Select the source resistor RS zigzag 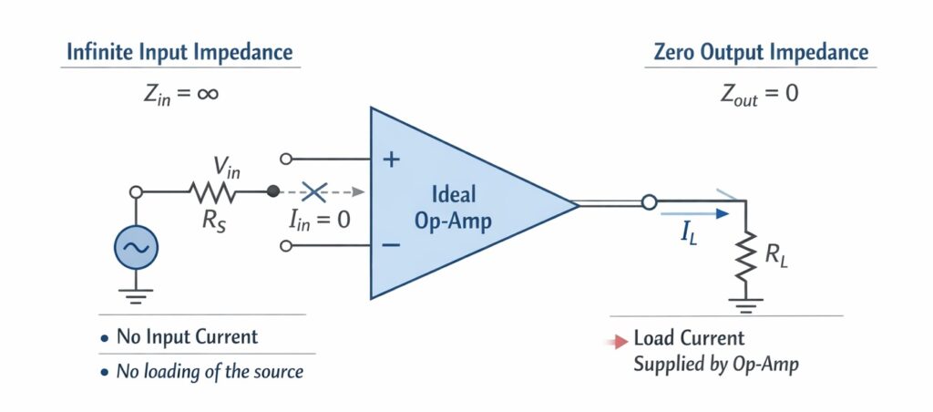click(x=212, y=192)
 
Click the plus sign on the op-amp click(x=391, y=160)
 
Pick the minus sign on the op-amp click(x=391, y=244)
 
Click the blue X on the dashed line click(x=314, y=192)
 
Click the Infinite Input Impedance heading click(x=179, y=52)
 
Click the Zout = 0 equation click(x=760, y=93)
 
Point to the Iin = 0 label click(x=318, y=219)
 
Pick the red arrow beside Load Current click(x=620, y=342)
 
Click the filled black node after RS click(x=272, y=192)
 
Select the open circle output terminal click(x=649, y=202)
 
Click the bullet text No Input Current click(x=187, y=336)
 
